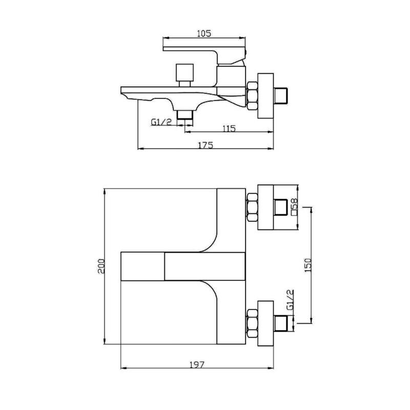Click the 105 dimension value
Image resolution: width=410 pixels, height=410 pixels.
tap(204, 33)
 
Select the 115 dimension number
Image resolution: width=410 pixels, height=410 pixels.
tap(229, 129)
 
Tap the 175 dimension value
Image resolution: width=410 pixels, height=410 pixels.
tap(206, 145)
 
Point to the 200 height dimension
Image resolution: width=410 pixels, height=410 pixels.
tap(101, 266)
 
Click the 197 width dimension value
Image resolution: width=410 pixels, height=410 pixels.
tap(197, 364)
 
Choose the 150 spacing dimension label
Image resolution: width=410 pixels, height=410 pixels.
tap(309, 265)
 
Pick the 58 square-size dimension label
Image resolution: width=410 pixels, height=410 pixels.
tap(294, 207)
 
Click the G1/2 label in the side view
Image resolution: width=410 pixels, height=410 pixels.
tap(161, 122)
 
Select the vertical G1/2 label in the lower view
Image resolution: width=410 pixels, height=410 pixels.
tap(290, 300)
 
